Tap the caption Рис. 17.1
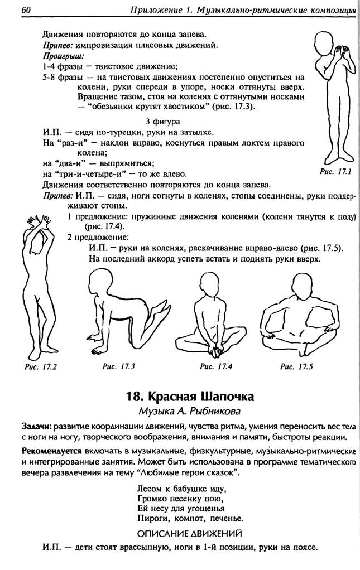click(335, 173)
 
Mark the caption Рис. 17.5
click(296, 366)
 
